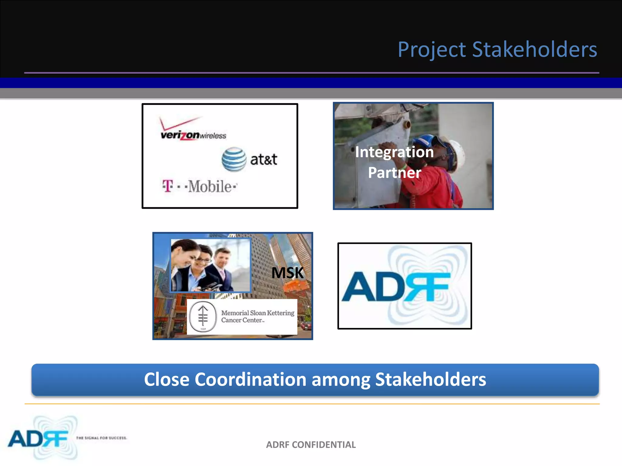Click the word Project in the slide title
click(x=432, y=49)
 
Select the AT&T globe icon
click(x=234, y=159)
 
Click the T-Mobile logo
click(x=200, y=186)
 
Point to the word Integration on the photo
click(x=394, y=152)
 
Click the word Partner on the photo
click(x=394, y=172)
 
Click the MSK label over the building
click(x=287, y=272)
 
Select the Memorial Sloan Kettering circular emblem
click(x=203, y=317)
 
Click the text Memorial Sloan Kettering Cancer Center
click(x=257, y=316)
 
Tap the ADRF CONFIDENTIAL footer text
click(x=311, y=444)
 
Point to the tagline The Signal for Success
click(x=101, y=438)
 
